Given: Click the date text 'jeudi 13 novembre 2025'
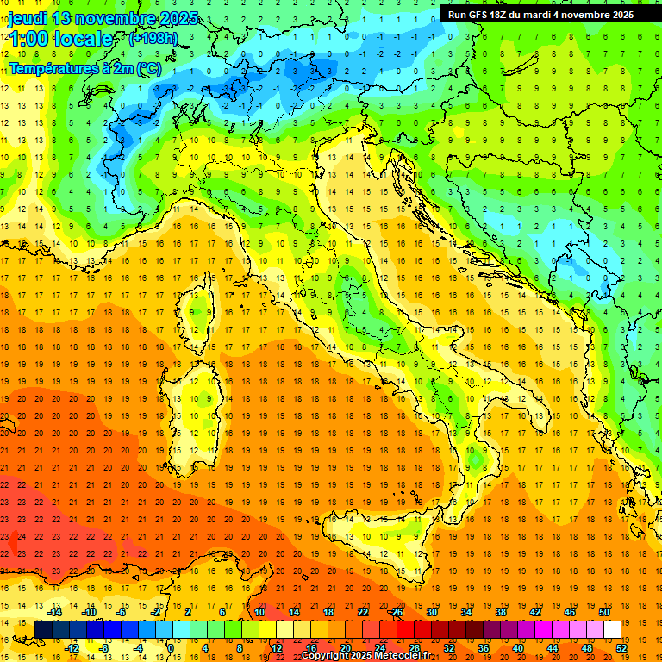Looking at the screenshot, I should (103, 18).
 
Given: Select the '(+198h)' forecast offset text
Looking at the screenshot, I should (153, 39).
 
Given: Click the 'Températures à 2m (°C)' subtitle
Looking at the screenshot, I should (84, 67).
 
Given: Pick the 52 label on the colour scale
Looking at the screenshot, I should (620, 648).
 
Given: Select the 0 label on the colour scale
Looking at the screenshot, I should (171, 648).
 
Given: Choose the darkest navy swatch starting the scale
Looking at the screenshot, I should (43, 630).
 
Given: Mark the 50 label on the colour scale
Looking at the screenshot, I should (603, 612).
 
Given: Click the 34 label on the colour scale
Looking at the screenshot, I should (465, 612).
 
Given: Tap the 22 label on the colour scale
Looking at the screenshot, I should (362, 612).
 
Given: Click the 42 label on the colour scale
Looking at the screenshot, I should (534, 612).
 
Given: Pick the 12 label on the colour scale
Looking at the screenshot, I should (276, 648).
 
